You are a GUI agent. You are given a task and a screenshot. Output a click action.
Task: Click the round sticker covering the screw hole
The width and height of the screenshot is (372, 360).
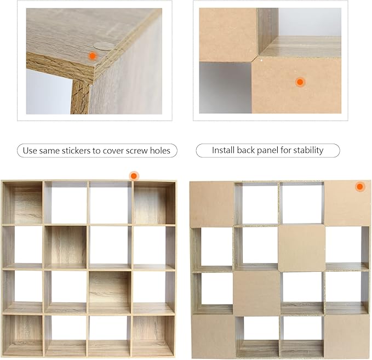103,46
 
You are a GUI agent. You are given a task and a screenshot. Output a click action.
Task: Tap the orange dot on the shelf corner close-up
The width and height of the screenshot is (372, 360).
92,56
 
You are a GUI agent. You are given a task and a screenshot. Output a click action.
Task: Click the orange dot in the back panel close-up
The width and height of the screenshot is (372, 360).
300,82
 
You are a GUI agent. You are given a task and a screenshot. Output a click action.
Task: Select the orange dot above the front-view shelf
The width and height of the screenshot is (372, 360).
134,176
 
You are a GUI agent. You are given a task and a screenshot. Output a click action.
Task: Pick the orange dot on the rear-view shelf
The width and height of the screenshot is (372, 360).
360,186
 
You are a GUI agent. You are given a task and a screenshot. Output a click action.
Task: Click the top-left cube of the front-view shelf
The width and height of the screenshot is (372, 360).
23,202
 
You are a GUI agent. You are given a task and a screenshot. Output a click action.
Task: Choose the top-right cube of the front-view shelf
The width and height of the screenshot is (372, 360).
154,202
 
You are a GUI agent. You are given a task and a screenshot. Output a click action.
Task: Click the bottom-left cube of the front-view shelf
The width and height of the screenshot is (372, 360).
23,335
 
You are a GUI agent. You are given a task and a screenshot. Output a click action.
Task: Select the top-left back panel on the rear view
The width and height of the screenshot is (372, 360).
211,204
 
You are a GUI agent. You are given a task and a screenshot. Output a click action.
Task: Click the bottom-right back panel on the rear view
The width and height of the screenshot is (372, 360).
347,337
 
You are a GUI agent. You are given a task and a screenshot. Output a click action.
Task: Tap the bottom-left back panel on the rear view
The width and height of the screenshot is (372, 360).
214,336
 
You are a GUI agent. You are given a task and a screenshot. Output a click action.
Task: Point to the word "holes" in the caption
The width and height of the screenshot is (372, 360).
161,151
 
